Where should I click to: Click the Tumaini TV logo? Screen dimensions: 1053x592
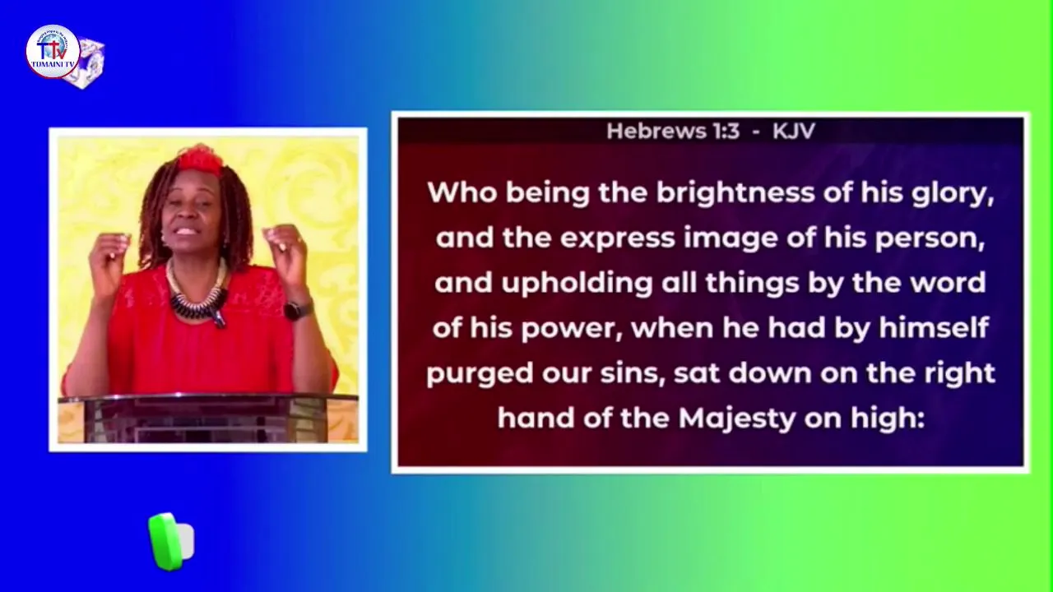[x=53, y=52]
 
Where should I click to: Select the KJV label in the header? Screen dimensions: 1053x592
[x=794, y=131]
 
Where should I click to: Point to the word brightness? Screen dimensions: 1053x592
[x=735, y=192]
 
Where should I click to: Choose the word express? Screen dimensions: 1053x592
[x=618, y=238]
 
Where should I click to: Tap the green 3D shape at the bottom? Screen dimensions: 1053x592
[x=170, y=541]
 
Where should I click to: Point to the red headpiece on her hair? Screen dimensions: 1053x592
[x=199, y=160]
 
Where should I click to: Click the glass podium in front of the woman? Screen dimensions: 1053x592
[x=207, y=419]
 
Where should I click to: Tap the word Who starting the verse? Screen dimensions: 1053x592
[x=462, y=192]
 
